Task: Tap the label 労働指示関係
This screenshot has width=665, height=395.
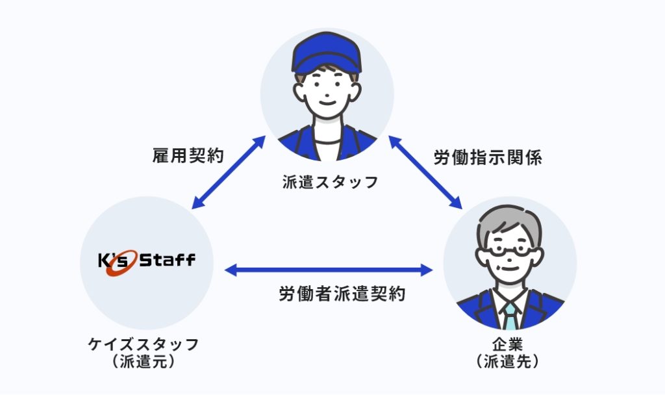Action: point(488,157)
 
